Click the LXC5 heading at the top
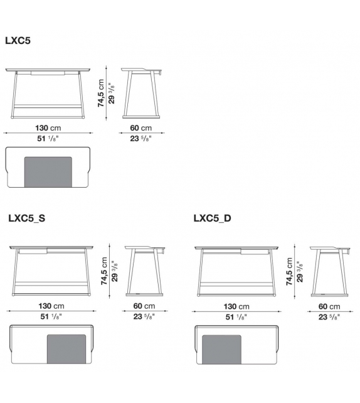18,41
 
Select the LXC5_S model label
27,218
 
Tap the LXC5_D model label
212,218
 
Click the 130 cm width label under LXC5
48,127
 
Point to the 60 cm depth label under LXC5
140,127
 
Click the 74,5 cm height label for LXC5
100,93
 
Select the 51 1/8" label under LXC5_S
51,316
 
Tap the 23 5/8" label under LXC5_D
329,317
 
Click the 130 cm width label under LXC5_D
236,306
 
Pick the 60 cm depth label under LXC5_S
144,306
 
